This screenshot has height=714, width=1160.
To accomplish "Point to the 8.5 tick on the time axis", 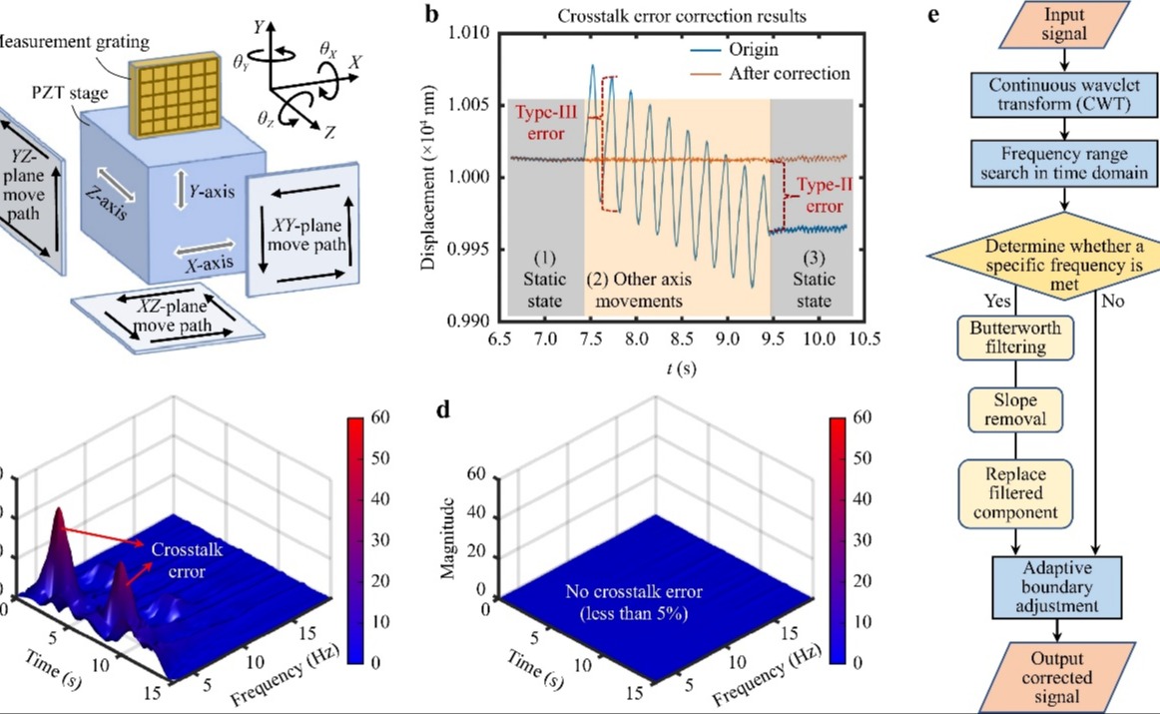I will click(682, 341).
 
